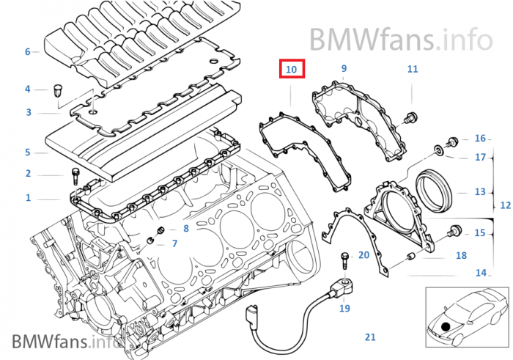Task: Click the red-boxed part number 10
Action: (291, 70)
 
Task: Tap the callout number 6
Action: (27, 52)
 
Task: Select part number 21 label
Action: (370, 337)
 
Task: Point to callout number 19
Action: (344, 309)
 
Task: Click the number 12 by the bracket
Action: (505, 205)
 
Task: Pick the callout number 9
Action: (343, 69)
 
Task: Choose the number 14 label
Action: (481, 273)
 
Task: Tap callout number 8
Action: (185, 229)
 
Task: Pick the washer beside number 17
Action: (438, 151)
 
